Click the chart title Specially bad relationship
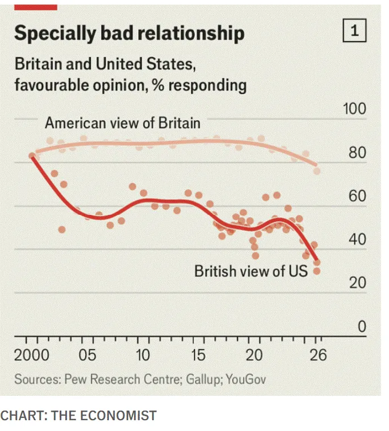pyautogui.click(x=129, y=33)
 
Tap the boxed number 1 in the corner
pyautogui.click(x=355, y=31)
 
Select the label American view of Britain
pyautogui.click(x=123, y=122)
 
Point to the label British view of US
pyautogui.click(x=250, y=271)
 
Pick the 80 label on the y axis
pyautogui.click(x=358, y=154)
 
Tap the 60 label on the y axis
pyautogui.click(x=358, y=197)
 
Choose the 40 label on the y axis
pyautogui.click(x=358, y=240)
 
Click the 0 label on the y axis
pyautogui.click(x=362, y=327)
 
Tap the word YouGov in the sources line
pyautogui.click(x=245, y=379)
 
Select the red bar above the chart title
pyautogui.click(x=35, y=6)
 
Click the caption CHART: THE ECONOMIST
pyautogui.click(x=78, y=416)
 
